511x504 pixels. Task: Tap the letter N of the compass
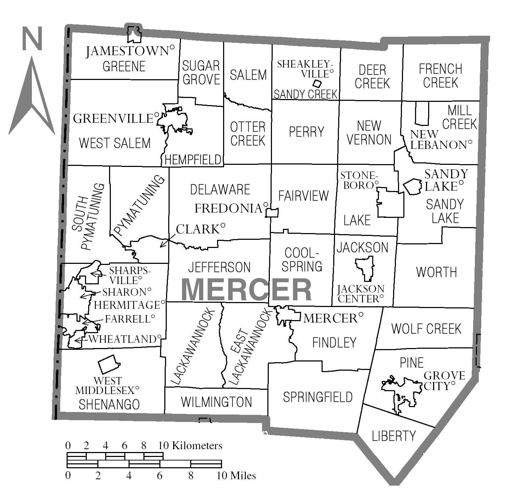coord(32,39)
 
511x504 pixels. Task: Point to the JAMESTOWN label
coord(127,51)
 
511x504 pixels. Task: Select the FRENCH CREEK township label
coord(441,76)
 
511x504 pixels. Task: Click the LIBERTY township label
coord(393,436)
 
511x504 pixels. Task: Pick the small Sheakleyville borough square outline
coord(317,83)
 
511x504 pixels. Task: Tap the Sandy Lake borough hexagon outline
coord(412,186)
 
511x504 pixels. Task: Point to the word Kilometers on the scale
coord(197,446)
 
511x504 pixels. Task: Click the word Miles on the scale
coord(243,476)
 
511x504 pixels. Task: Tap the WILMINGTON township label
coord(216,402)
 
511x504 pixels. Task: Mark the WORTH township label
coord(436,272)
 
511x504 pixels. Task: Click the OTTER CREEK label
coord(248,134)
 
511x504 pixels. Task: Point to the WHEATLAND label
coord(122,339)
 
